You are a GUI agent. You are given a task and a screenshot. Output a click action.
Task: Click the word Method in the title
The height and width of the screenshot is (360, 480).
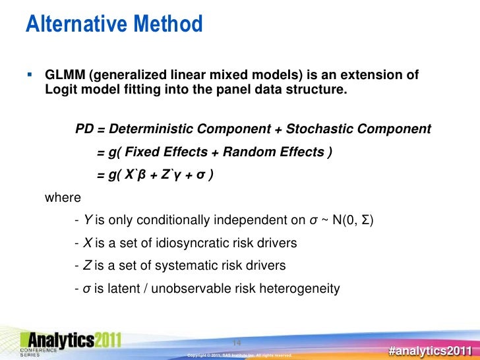(x=167, y=24)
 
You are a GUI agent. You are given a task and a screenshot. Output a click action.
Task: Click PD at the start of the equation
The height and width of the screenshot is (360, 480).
(x=84, y=128)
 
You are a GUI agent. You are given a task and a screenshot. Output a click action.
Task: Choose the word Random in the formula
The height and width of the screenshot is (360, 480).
(x=247, y=153)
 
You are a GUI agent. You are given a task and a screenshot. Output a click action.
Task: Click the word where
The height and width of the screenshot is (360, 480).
(x=62, y=197)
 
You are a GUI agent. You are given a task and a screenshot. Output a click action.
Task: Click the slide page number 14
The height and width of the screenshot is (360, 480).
(x=239, y=342)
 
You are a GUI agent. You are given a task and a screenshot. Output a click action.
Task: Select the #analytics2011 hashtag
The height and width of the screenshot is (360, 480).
(x=430, y=350)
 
